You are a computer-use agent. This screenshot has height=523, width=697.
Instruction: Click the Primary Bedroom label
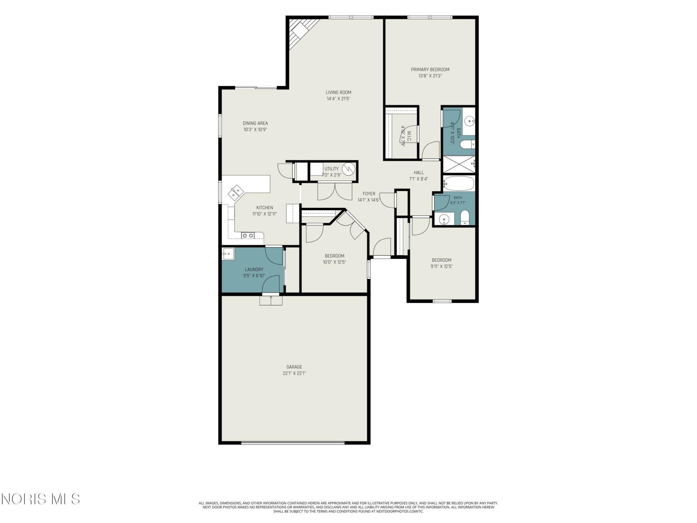430,69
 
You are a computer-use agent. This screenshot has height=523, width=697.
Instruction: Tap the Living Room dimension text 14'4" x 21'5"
338,99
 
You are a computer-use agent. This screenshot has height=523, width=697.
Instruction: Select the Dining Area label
255,123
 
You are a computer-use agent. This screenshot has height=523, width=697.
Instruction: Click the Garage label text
294,367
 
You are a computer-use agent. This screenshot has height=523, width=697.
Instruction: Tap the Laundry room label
254,269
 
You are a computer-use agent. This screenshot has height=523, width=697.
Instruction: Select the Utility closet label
331,169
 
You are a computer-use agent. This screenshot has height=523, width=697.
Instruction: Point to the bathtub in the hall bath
458,183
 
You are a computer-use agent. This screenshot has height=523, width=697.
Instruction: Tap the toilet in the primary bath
467,145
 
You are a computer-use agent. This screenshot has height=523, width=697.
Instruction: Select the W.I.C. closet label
409,134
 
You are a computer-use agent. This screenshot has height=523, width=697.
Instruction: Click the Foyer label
369,194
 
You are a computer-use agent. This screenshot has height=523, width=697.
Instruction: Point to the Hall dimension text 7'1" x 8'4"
419,179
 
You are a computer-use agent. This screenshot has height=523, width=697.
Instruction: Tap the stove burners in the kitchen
248,236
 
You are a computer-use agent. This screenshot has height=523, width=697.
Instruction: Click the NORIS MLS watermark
40,499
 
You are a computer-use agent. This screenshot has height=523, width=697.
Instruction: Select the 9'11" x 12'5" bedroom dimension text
441,267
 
